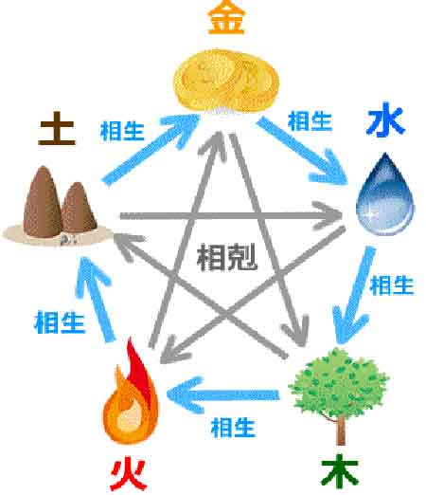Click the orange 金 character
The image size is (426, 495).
click(x=226, y=17)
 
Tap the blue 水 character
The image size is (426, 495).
click(x=385, y=119)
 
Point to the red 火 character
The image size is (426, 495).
click(x=129, y=474)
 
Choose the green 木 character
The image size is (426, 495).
click(x=340, y=472)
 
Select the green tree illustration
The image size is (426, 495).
click(x=338, y=395)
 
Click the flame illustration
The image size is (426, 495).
click(x=130, y=392)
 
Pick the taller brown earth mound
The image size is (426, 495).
click(x=43, y=202)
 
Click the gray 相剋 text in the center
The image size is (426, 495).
click(x=226, y=257)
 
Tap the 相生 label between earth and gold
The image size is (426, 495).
click(x=122, y=131)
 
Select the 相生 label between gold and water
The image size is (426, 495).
click(x=310, y=121)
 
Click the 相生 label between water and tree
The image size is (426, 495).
click(x=392, y=285)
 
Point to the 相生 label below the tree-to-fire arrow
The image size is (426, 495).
click(x=233, y=428)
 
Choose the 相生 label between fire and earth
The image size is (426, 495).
click(x=60, y=322)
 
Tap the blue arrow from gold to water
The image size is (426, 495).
click(x=302, y=151)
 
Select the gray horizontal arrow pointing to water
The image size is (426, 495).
click(x=230, y=216)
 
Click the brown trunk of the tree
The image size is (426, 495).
click(x=341, y=430)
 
